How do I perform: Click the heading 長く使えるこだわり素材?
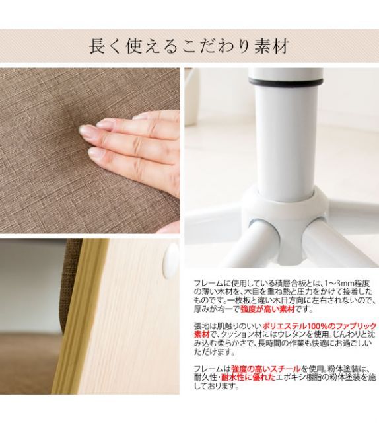[x=189, y=46]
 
